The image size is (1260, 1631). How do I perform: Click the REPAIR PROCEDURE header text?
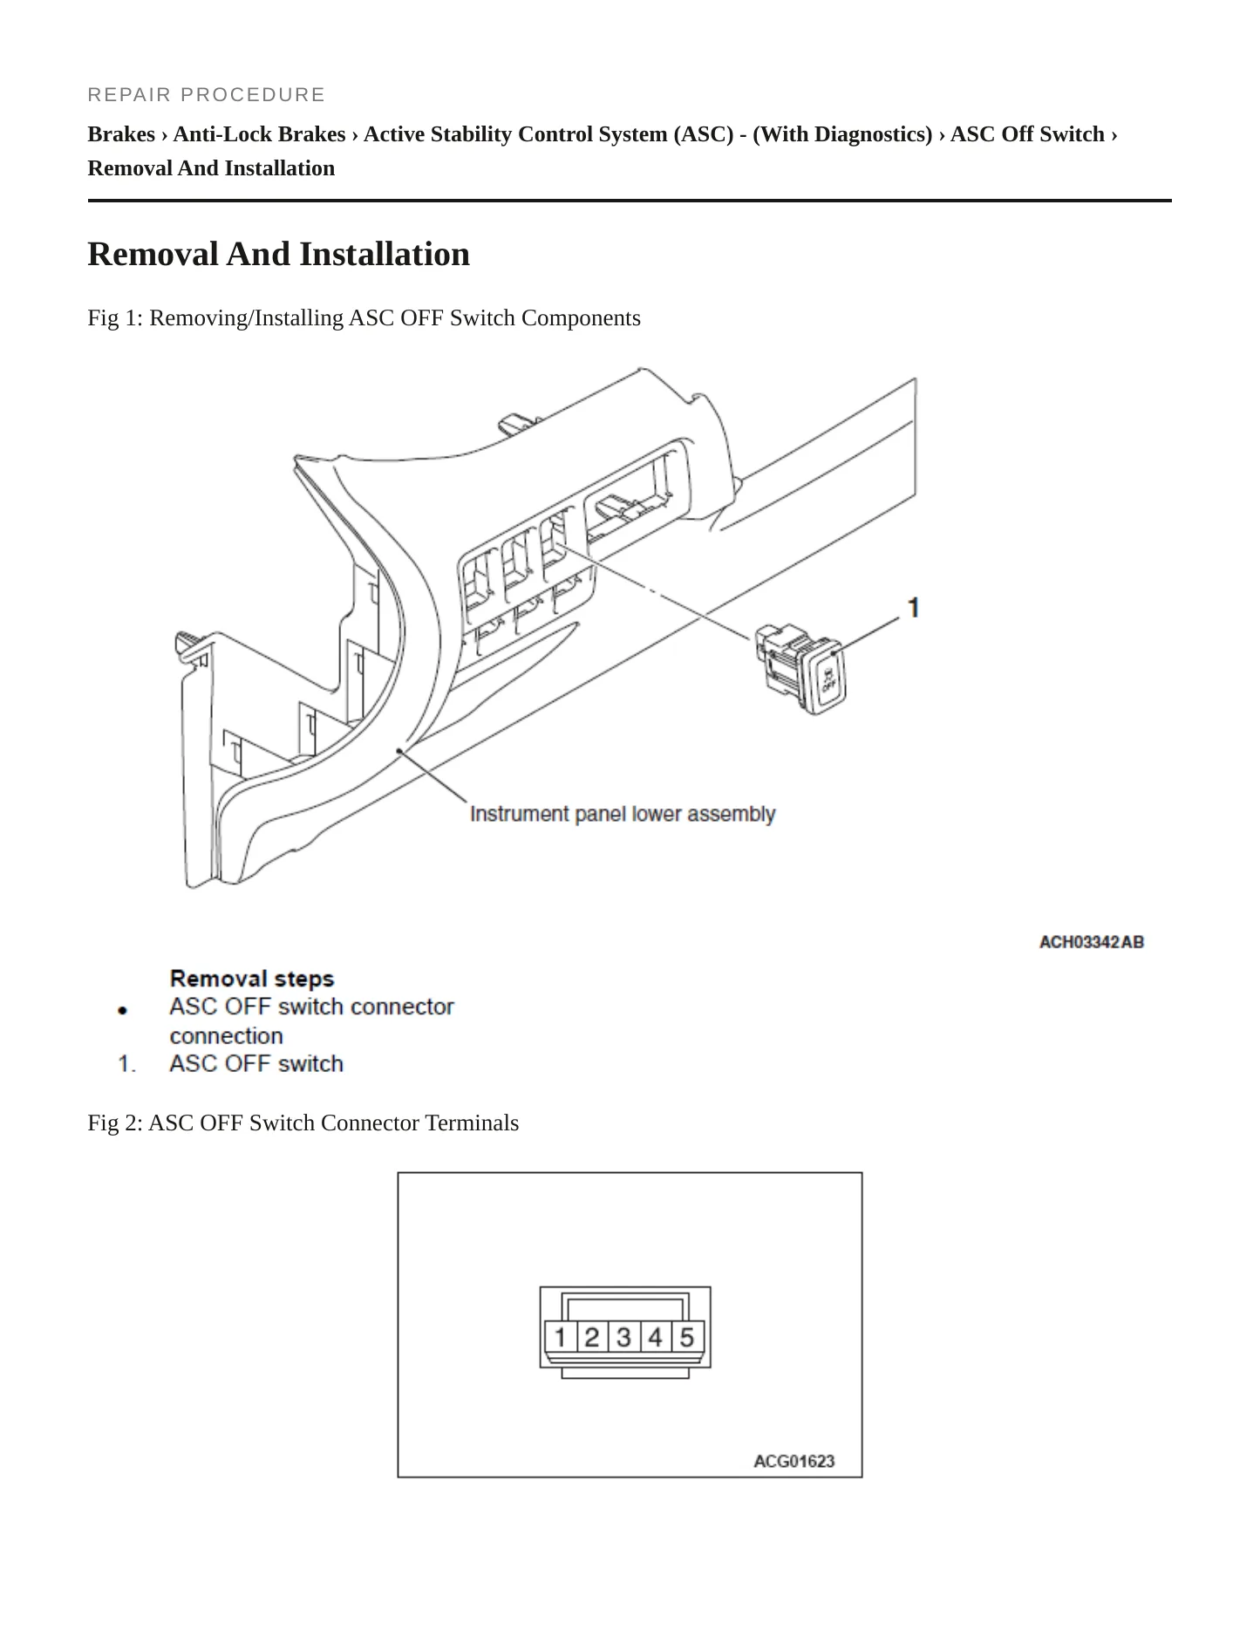pos(206,94)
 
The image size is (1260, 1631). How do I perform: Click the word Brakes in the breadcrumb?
pos(121,134)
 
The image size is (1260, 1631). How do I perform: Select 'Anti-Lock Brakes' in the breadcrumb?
pos(259,134)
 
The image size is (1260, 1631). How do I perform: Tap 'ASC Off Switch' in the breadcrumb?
pos(1027,134)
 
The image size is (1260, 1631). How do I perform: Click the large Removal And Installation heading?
pos(279,254)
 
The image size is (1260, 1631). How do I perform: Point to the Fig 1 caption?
pos(364,317)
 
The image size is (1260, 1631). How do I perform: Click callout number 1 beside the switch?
pos(913,607)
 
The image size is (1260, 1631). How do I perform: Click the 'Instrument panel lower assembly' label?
pos(623,814)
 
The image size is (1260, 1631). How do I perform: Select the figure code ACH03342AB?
pos(1091,942)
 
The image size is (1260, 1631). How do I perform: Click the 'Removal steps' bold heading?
pos(252,979)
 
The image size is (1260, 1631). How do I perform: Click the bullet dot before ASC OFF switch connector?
pos(123,1010)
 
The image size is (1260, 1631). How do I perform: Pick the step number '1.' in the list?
pos(127,1064)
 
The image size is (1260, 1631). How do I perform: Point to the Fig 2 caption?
pos(303,1123)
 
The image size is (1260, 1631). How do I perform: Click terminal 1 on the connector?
pos(560,1336)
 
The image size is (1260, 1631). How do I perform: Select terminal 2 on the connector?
pos(591,1336)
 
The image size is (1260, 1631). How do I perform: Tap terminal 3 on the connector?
pos(623,1336)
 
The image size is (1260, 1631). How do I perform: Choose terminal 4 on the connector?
pos(655,1336)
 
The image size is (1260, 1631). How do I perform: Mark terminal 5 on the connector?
pos(687,1336)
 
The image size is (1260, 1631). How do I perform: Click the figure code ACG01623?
pos(793,1461)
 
